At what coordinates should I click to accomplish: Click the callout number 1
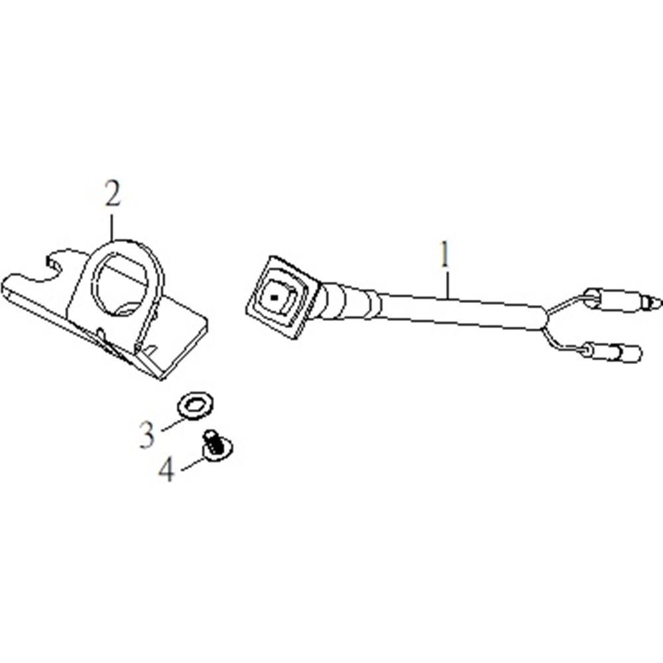pos(444,255)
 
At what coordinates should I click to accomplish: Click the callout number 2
pos(113,194)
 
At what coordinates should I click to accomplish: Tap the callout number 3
pos(147,435)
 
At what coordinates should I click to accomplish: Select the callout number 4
pos(166,469)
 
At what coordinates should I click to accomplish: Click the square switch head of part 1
pos(282,297)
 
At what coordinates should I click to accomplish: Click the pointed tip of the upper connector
pos(660,302)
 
